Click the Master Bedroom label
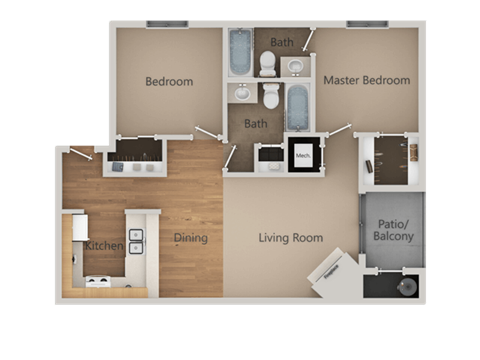click(366, 80)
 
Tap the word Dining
click(190, 238)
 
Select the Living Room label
click(290, 238)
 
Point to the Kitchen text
click(104, 245)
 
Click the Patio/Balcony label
click(391, 231)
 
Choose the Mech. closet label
click(302, 156)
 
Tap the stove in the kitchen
click(99, 281)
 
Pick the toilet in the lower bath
click(270, 96)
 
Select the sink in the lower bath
click(242, 93)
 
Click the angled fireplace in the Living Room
click(335, 271)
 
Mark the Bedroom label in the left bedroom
click(168, 81)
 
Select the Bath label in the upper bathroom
click(282, 42)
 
